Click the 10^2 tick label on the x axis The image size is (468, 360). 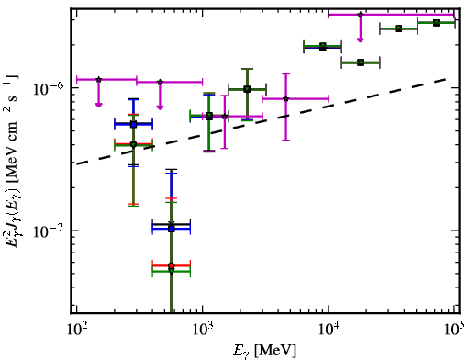coord(75,330)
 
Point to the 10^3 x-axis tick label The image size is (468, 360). coord(202,330)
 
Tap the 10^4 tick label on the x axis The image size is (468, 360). coord(329,330)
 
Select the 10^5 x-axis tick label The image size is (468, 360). coord(454,330)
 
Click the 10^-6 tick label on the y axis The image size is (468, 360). coord(49,88)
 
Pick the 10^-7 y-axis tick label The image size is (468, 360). coord(49,231)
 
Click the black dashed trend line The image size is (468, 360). coord(262,121)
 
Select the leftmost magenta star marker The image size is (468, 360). coord(98,80)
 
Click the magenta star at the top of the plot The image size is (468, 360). coord(361,15)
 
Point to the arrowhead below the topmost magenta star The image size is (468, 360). coord(361,39)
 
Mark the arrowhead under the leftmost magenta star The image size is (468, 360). coord(98,105)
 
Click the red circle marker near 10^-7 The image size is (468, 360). coord(172,265)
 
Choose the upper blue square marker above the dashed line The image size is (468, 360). coord(133,124)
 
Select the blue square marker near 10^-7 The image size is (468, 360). coord(172,229)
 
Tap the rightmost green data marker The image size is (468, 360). coord(437,23)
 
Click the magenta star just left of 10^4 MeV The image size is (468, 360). coord(286,98)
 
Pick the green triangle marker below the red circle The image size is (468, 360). coord(172,271)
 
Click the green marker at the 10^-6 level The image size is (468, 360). coord(247,89)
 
